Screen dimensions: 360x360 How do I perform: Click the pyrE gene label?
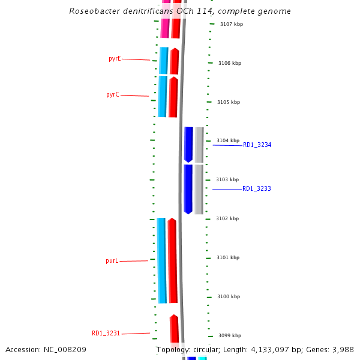pyautogui.click(x=115, y=59)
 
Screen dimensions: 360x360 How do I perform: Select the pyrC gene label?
pyautogui.click(x=113, y=95)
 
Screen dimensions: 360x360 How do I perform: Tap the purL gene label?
pyautogui.click(x=112, y=261)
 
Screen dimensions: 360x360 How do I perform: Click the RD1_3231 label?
pyautogui.click(x=106, y=333)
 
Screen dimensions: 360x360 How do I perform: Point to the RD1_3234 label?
pyautogui.click(x=257, y=145)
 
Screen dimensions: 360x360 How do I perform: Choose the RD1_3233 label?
pyautogui.click(x=257, y=189)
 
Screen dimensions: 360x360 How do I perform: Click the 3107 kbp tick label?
pyautogui.click(x=232, y=24)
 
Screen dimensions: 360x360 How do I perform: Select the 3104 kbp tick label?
pyautogui.click(x=227, y=140)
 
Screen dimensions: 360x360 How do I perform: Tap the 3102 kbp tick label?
pyautogui.click(x=227, y=218)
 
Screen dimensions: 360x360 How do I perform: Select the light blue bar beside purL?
pyautogui.click(x=161, y=260)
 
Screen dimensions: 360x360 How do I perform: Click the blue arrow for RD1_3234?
pyautogui.click(x=188, y=144)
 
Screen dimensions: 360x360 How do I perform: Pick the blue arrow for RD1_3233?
pyautogui.click(x=188, y=189)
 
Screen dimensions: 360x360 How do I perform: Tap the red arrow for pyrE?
pyautogui.click(x=175, y=61)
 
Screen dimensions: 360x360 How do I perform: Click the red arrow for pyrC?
pyautogui.click(x=173, y=97)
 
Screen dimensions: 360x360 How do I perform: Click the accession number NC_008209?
pyautogui.click(x=64, y=349)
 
